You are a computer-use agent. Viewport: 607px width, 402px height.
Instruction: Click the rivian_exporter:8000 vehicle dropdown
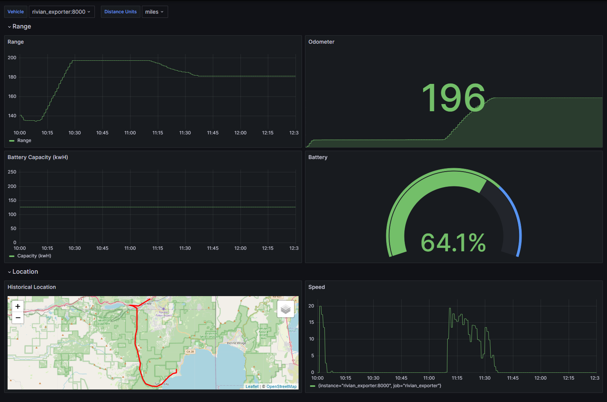point(61,12)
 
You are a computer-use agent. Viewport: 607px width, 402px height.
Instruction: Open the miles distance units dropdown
point(154,12)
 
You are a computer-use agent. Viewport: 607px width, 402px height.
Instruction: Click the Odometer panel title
point(321,42)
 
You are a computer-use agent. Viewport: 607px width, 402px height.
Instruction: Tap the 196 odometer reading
point(453,98)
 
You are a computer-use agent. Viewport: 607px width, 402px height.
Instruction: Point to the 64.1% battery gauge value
point(453,243)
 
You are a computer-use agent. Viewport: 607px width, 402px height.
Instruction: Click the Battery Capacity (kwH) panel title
point(38,157)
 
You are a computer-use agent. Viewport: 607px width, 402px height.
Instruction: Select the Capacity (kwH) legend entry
point(34,256)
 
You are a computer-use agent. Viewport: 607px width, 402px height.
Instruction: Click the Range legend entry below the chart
point(24,140)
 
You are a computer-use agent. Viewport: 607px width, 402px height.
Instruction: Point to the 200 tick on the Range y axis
point(12,58)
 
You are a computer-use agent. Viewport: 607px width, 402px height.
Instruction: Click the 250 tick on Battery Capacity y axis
point(12,172)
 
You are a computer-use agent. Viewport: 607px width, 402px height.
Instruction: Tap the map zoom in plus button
point(18,306)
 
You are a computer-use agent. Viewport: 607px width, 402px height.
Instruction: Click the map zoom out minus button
point(18,318)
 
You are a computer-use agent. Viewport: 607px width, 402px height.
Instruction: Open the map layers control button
point(286,309)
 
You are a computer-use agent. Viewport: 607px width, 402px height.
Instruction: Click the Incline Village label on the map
point(236,343)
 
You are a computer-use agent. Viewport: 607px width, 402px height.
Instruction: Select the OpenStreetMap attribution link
point(281,386)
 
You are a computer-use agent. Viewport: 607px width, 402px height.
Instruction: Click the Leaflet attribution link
point(252,386)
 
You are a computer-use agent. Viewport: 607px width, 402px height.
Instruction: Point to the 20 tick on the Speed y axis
point(311,306)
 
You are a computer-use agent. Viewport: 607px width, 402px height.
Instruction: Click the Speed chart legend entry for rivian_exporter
point(379,386)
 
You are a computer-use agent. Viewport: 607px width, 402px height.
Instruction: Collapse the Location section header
point(25,272)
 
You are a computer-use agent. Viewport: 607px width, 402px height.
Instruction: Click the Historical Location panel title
point(31,287)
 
